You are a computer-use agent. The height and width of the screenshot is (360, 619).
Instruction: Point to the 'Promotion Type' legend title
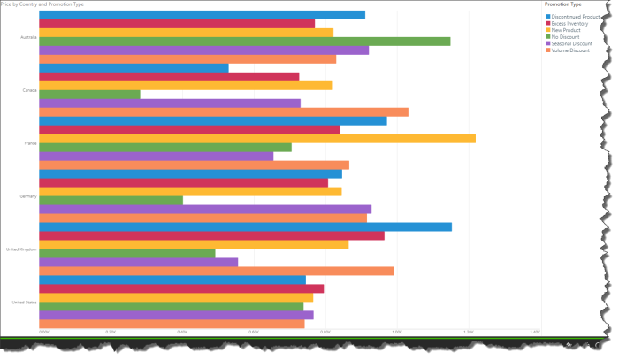[562, 5]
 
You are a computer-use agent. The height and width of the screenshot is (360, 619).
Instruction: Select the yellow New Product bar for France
[257, 138]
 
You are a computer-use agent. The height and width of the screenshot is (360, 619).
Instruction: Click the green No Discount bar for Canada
[89, 94]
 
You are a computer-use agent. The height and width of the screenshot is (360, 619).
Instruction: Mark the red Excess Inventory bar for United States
[181, 288]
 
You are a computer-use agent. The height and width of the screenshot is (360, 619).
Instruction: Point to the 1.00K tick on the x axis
[396, 332]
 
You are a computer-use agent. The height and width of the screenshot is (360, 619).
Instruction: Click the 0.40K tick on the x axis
[182, 332]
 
